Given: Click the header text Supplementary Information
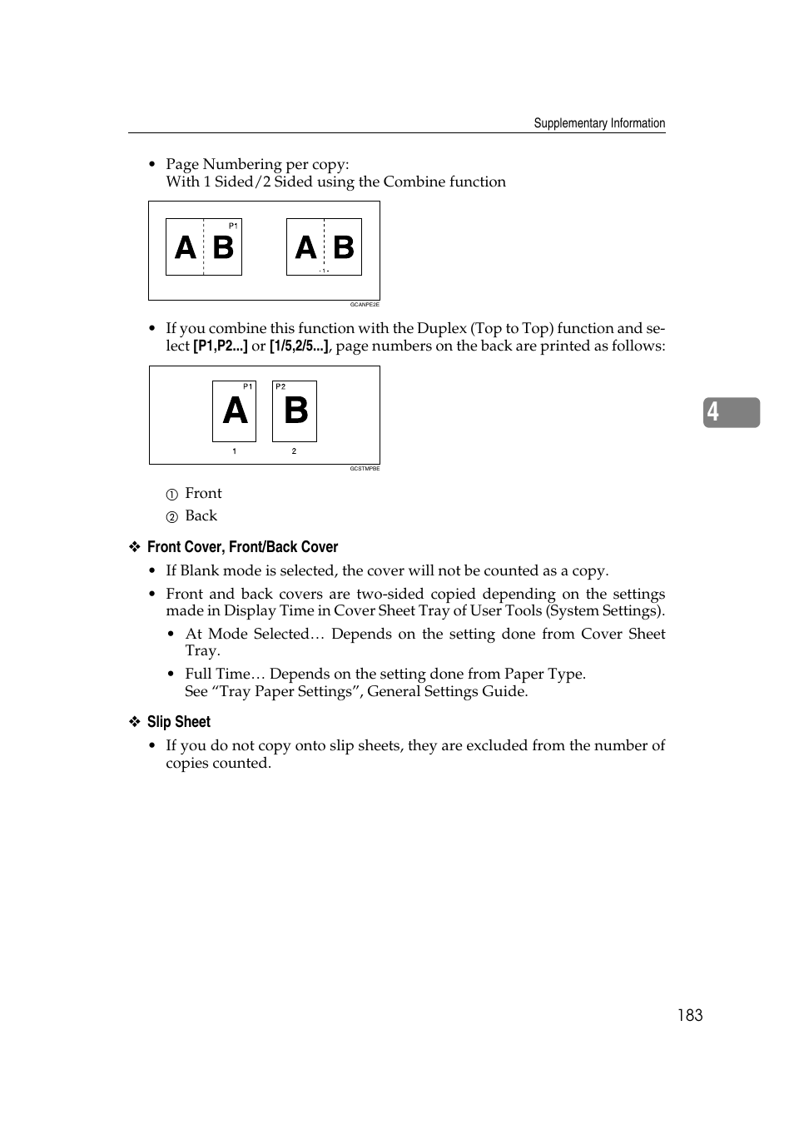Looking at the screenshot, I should click(599, 123).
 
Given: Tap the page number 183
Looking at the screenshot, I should click(689, 1015).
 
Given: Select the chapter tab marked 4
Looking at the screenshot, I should click(730, 412).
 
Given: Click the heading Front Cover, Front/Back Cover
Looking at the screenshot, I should click(242, 547).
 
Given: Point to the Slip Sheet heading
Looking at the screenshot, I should click(178, 722).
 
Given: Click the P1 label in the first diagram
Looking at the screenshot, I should click(233, 226).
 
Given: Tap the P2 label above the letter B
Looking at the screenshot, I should click(280, 386).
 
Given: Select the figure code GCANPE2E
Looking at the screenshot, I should click(365, 305).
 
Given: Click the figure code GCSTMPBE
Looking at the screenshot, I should click(365, 469).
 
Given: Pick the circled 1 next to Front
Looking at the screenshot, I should click(171, 495).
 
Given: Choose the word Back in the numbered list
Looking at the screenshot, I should click(201, 516).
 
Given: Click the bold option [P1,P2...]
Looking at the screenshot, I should click(221, 346).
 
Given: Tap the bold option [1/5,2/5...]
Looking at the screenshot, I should click(299, 346).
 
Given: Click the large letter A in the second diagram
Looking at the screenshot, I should click(235, 411).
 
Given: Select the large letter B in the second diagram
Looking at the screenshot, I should click(295, 411).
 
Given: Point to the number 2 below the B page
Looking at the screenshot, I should click(294, 451).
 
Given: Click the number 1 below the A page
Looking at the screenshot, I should click(234, 451).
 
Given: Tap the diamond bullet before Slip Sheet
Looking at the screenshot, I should click(135, 722).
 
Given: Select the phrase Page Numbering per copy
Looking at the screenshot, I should click(257, 164).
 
